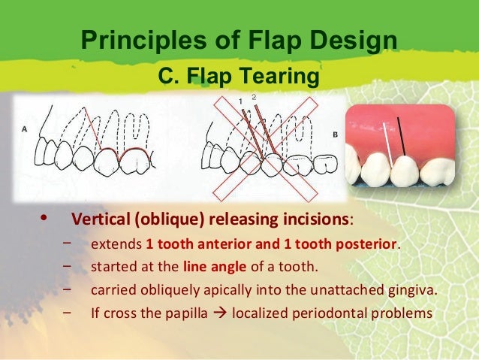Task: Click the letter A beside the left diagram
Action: tap(25, 129)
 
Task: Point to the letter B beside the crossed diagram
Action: tap(335, 134)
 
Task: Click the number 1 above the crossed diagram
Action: tap(240, 100)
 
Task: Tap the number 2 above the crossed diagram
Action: tap(254, 97)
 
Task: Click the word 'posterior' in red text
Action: tap(366, 244)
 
